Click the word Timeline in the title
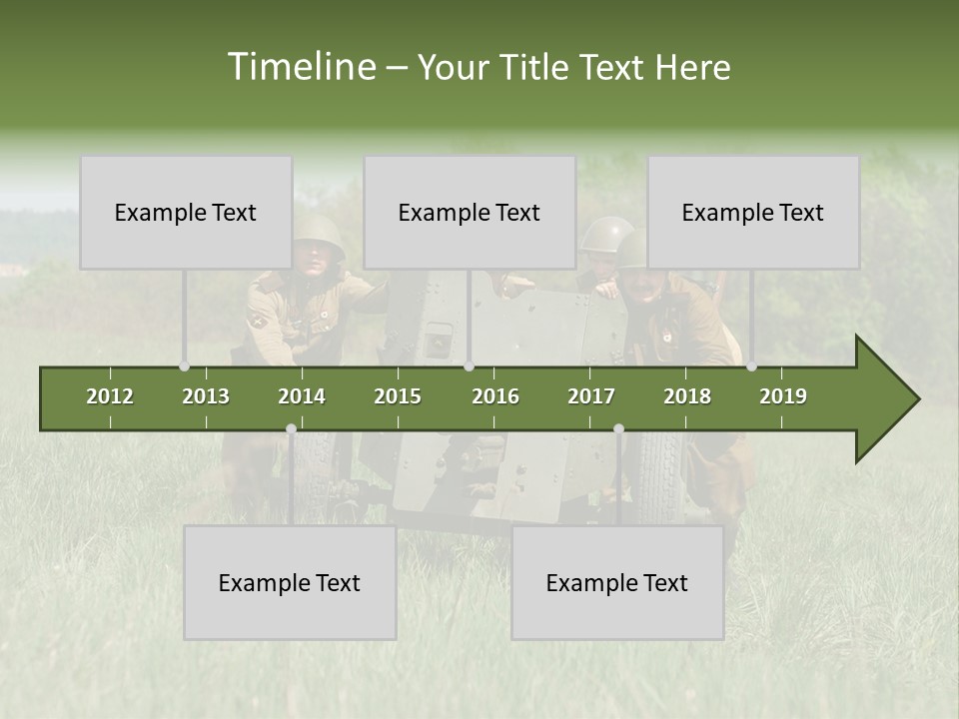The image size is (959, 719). (300, 67)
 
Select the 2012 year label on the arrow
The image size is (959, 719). (110, 396)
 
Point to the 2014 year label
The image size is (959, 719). (302, 396)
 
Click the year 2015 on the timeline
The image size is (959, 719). (398, 396)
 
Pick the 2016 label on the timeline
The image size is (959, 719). (495, 396)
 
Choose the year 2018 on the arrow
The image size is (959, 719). (687, 396)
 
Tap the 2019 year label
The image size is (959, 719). (783, 396)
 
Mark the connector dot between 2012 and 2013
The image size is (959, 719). (185, 366)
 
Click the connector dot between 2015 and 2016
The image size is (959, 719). (469, 366)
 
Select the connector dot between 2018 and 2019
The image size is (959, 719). (752, 366)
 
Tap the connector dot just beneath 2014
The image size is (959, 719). (291, 429)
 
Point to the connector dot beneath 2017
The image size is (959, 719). (618, 429)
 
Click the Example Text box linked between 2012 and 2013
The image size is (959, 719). (186, 212)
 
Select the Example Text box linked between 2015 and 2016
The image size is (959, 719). (470, 212)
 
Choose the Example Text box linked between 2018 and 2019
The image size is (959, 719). (753, 212)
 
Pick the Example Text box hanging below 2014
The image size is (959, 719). (290, 582)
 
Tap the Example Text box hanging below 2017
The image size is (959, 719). (617, 582)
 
